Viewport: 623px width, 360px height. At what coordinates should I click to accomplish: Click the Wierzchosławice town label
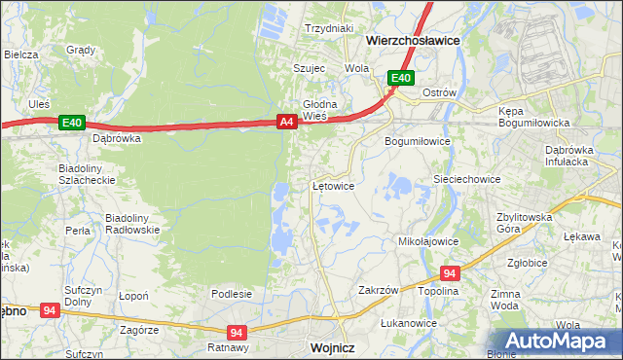(413, 42)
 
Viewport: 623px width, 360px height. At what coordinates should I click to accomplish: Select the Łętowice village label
(332, 185)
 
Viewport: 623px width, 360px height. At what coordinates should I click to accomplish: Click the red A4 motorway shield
(286, 122)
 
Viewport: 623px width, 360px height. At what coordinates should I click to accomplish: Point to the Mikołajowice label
(428, 240)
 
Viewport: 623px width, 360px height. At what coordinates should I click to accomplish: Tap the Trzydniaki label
(328, 29)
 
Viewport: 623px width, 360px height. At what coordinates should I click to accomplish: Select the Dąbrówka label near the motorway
(117, 138)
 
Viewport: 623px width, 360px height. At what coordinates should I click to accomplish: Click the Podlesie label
(232, 294)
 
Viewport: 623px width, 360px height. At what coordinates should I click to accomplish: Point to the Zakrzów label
(380, 290)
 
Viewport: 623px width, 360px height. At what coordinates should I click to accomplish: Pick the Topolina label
(438, 291)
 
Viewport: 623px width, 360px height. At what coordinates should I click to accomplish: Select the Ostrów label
(439, 92)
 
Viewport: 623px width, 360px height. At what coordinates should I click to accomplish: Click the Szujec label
(309, 68)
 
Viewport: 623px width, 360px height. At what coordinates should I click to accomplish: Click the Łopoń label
(132, 295)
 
